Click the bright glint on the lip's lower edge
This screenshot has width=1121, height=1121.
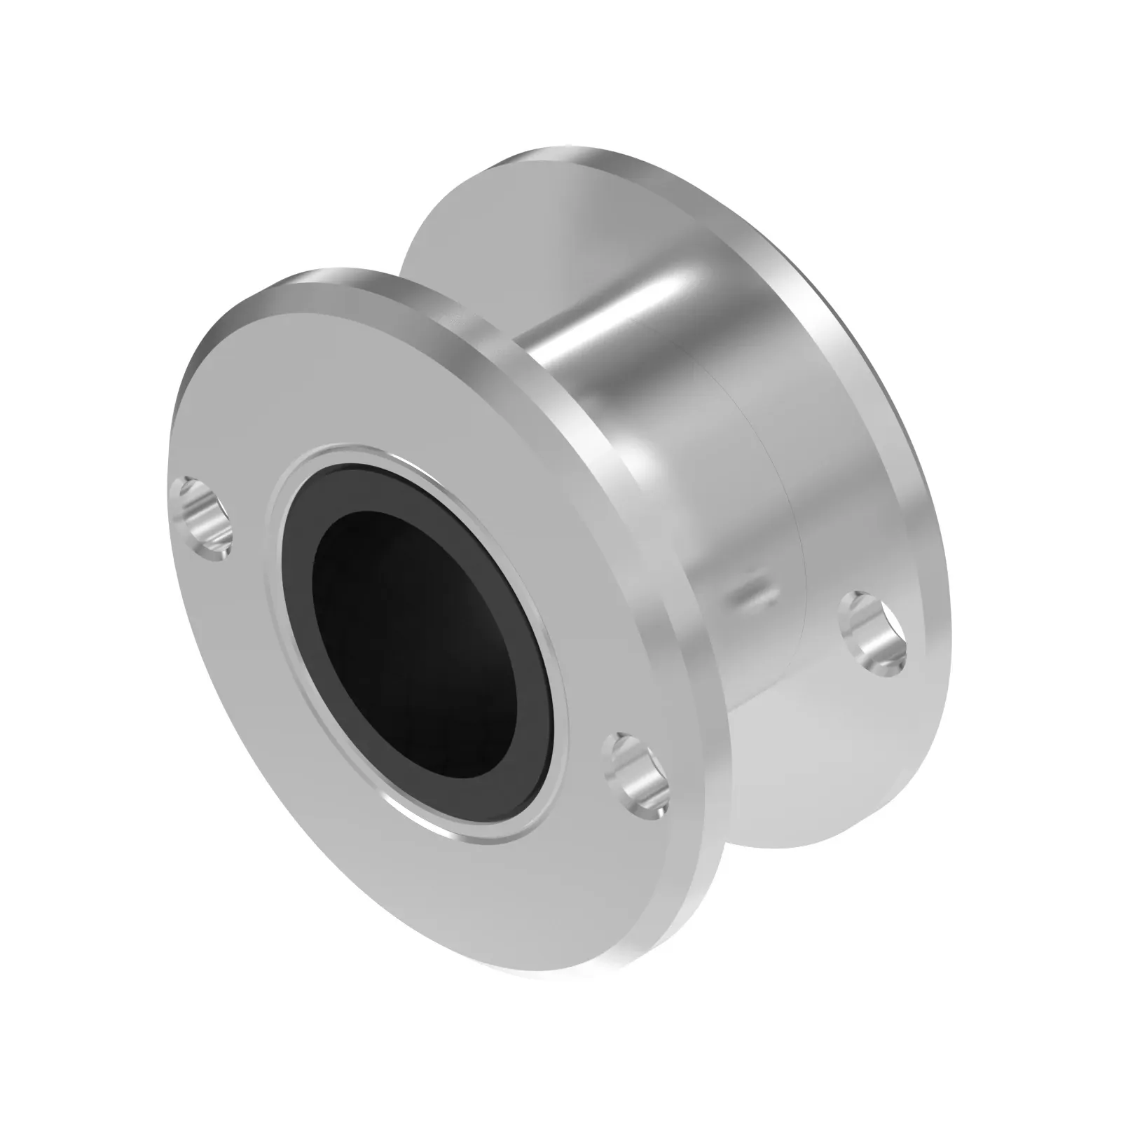[448, 834]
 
